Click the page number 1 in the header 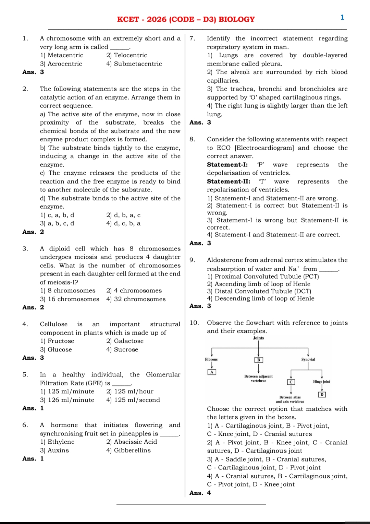click(x=342, y=18)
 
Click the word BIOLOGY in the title click(x=236, y=20)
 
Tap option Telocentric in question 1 click(x=127, y=55)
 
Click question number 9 click(x=193, y=260)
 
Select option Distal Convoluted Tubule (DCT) click(x=259, y=291)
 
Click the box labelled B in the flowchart click(x=259, y=360)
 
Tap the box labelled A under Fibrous click(x=212, y=372)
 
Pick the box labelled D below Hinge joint click(x=322, y=395)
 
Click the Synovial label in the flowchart click(x=308, y=360)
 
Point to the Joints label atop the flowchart click(x=258, y=338)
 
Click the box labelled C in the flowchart click(x=291, y=382)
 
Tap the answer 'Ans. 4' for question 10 click(x=200, y=493)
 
